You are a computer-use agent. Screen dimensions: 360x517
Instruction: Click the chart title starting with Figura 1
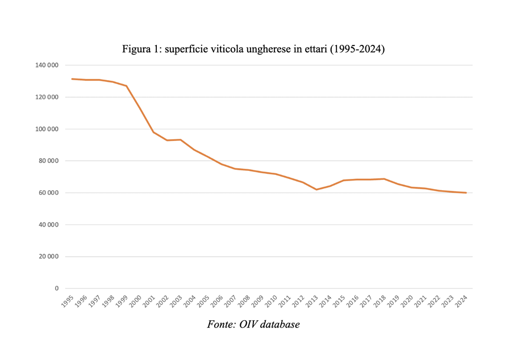[x=253, y=49]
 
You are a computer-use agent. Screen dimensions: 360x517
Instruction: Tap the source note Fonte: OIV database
[x=253, y=324]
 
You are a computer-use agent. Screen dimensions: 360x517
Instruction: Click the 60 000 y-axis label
[x=48, y=192]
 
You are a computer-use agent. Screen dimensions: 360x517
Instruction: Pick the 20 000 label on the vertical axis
[x=48, y=257]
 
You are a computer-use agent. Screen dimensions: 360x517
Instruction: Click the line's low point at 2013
[x=317, y=189]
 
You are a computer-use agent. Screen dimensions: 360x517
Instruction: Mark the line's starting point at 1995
[x=72, y=79]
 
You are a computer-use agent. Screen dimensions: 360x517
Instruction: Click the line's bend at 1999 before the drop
[x=126, y=86]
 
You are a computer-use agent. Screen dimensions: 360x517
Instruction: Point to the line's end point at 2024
[x=466, y=192]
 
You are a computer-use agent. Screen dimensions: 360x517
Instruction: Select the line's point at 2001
[x=153, y=132]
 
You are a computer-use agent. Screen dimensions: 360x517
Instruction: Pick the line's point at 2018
[x=385, y=179]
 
